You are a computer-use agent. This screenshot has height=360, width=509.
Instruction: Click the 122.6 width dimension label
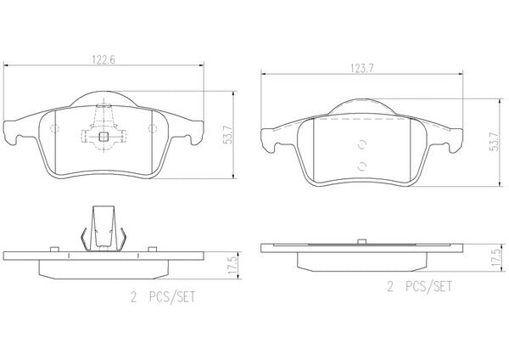point(103,60)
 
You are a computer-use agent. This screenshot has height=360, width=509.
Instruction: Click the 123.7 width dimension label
point(362,69)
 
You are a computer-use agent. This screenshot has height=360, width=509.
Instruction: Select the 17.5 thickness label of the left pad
point(232,265)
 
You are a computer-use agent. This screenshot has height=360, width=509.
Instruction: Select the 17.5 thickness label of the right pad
point(496,258)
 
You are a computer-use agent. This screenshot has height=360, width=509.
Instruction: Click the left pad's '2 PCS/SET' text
point(163,297)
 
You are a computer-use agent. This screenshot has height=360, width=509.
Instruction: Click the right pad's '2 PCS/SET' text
point(419,287)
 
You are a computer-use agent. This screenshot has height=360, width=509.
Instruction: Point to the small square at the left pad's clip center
point(103,137)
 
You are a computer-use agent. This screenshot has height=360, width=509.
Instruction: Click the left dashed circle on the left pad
point(54,129)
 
